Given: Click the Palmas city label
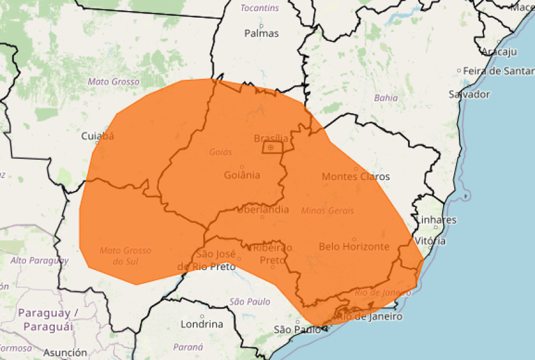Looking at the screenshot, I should (261, 33).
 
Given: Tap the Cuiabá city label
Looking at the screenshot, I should (98, 136).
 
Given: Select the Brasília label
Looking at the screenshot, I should (271, 138).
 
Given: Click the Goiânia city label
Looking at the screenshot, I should (241, 175).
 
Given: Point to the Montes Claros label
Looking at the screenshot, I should (356, 177).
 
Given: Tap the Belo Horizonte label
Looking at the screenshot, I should (354, 246).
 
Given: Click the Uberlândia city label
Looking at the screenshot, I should (263, 210).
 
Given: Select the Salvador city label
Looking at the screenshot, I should (469, 94).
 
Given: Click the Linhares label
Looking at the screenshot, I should (437, 220).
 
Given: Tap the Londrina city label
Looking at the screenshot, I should (202, 324).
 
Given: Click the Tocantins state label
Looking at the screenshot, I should (260, 8).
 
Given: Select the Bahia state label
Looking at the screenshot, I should (386, 97).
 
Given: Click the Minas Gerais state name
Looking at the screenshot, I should (327, 210).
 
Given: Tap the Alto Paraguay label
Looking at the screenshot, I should (39, 260).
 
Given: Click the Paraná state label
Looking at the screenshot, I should (188, 347).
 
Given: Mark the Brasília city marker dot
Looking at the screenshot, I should (271, 148).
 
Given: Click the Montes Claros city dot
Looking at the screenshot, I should (356, 169).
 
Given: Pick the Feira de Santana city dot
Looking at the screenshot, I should (460, 71).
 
